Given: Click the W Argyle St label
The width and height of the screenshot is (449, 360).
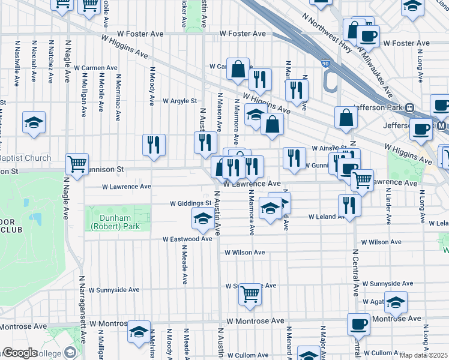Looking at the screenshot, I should point(179,101).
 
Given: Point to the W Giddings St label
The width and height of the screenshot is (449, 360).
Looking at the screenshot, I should point(191,203).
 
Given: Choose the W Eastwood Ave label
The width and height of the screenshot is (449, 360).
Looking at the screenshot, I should point(188,239).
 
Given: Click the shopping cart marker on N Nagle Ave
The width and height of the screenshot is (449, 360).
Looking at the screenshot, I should point(77,164).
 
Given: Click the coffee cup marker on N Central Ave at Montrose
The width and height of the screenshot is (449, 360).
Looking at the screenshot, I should point(358,324).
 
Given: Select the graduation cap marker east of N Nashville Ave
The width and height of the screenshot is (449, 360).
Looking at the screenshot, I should point(34,122).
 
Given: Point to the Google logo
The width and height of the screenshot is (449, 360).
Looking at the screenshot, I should point(20,353).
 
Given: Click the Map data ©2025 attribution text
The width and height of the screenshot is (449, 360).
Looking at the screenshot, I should point(423,355).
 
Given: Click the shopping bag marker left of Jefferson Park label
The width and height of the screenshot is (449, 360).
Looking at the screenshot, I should point(346,118).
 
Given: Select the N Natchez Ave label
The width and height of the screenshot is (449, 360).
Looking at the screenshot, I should point(51,62).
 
